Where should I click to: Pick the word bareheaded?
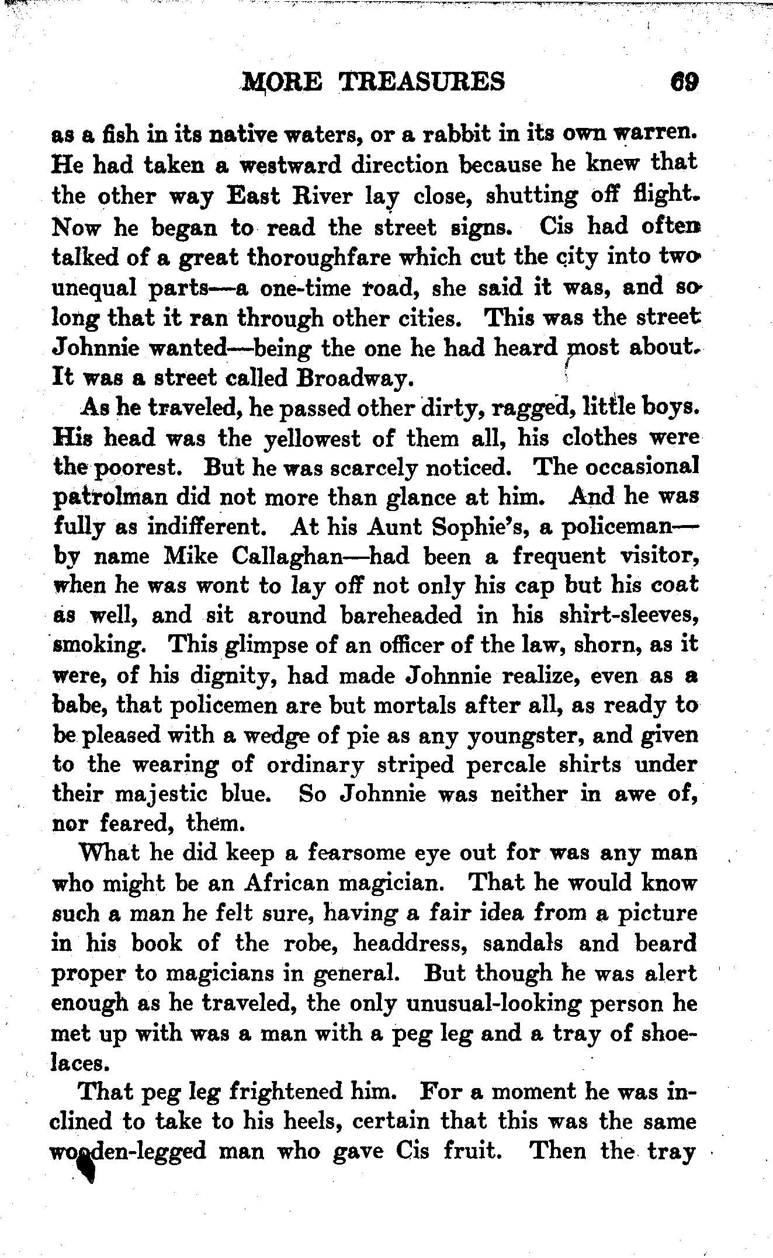tap(401, 616)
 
